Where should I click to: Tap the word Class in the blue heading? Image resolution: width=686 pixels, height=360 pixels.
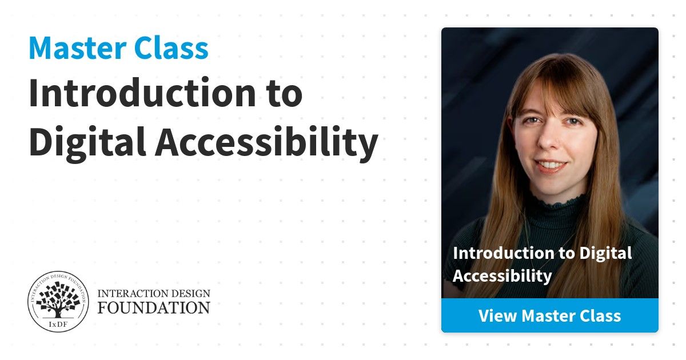(x=171, y=48)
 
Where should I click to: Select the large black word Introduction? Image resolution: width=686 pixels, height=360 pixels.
(x=142, y=93)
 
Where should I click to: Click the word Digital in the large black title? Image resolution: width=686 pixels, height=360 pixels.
(x=87, y=142)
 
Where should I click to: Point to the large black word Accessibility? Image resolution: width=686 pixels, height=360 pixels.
(x=266, y=142)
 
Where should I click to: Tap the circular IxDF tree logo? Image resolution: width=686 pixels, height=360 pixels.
(x=58, y=301)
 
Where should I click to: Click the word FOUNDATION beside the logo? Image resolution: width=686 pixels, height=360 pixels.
(x=154, y=307)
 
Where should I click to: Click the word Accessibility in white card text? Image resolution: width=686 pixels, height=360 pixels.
(x=502, y=277)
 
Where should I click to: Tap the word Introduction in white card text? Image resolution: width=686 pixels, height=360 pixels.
(x=504, y=253)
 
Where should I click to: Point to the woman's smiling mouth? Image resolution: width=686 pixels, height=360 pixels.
(x=551, y=165)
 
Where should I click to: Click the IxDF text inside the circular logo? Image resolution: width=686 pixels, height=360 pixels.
(x=58, y=325)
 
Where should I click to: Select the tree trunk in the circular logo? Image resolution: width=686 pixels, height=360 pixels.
(x=58, y=312)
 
